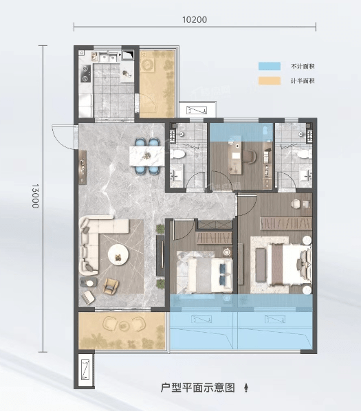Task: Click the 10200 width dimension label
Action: pyautogui.click(x=195, y=20)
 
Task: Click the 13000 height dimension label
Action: pyautogui.click(x=35, y=196)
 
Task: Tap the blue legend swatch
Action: pyautogui.click(x=270, y=66)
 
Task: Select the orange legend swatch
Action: pyautogui.click(x=270, y=80)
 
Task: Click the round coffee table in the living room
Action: pyautogui.click(x=118, y=255)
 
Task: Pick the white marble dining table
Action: pyautogui.click(x=147, y=156)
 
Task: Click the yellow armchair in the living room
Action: pyautogui.click(x=111, y=286)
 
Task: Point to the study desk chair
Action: pyautogui.click(x=249, y=157)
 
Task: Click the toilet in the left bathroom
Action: pyautogui.click(x=177, y=154)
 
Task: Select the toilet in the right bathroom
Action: pyautogui.click(x=305, y=154)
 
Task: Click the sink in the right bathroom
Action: pyautogui.click(x=306, y=175)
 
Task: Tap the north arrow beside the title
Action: pyautogui.click(x=246, y=388)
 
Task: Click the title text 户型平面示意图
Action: pyautogui.click(x=197, y=388)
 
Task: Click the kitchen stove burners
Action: pyautogui.click(x=85, y=74)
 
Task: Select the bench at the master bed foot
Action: pyautogui.click(x=261, y=265)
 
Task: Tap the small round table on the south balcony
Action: pyautogui.click(x=123, y=326)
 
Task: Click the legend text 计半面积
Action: pyautogui.click(x=303, y=81)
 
